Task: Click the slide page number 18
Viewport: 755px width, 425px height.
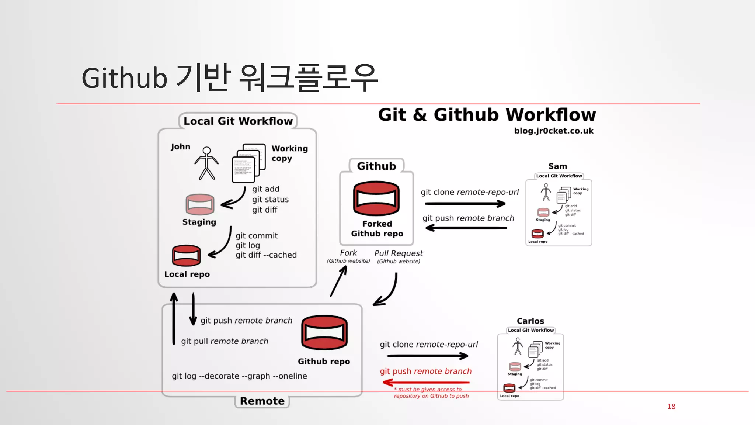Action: [671, 406]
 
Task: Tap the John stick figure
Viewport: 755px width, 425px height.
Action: [206, 163]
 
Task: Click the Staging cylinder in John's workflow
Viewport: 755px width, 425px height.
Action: [200, 204]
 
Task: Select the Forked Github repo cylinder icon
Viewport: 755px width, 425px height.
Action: [376, 198]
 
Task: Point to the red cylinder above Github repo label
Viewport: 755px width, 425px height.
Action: [324, 332]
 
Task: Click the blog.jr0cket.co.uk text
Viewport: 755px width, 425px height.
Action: [554, 131]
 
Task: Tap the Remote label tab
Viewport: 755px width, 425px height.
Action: [262, 401]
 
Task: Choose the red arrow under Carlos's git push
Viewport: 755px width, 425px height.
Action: [426, 382]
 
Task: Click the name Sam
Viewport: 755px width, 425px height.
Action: [557, 166]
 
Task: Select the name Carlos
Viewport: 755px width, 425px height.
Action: [530, 321]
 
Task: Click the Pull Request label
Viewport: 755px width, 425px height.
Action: [399, 253]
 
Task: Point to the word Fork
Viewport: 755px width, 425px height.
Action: [348, 253]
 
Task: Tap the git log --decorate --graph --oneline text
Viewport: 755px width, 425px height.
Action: [239, 376]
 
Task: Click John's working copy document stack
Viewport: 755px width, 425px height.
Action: [248, 163]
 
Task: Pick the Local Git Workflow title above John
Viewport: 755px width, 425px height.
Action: [238, 121]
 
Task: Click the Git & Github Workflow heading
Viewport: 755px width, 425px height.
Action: [487, 115]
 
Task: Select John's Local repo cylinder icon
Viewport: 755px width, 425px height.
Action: [186, 256]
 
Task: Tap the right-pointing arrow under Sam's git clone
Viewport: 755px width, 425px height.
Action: [465, 204]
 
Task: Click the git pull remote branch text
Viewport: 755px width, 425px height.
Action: [225, 341]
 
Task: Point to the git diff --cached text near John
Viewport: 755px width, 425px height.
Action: [266, 255]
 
